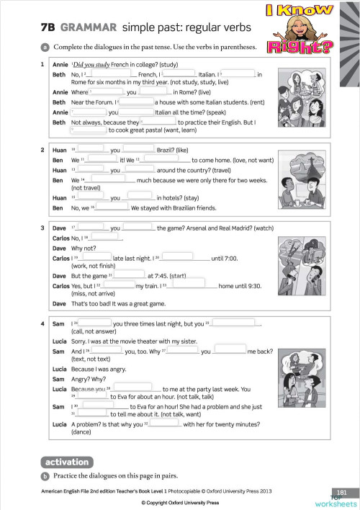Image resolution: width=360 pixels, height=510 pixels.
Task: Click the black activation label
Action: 66,462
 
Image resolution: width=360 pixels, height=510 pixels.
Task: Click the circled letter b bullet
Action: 45,476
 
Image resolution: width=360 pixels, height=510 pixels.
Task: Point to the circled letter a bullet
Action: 45,48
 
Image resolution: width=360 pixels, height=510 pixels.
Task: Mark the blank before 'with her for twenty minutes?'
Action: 165,424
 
